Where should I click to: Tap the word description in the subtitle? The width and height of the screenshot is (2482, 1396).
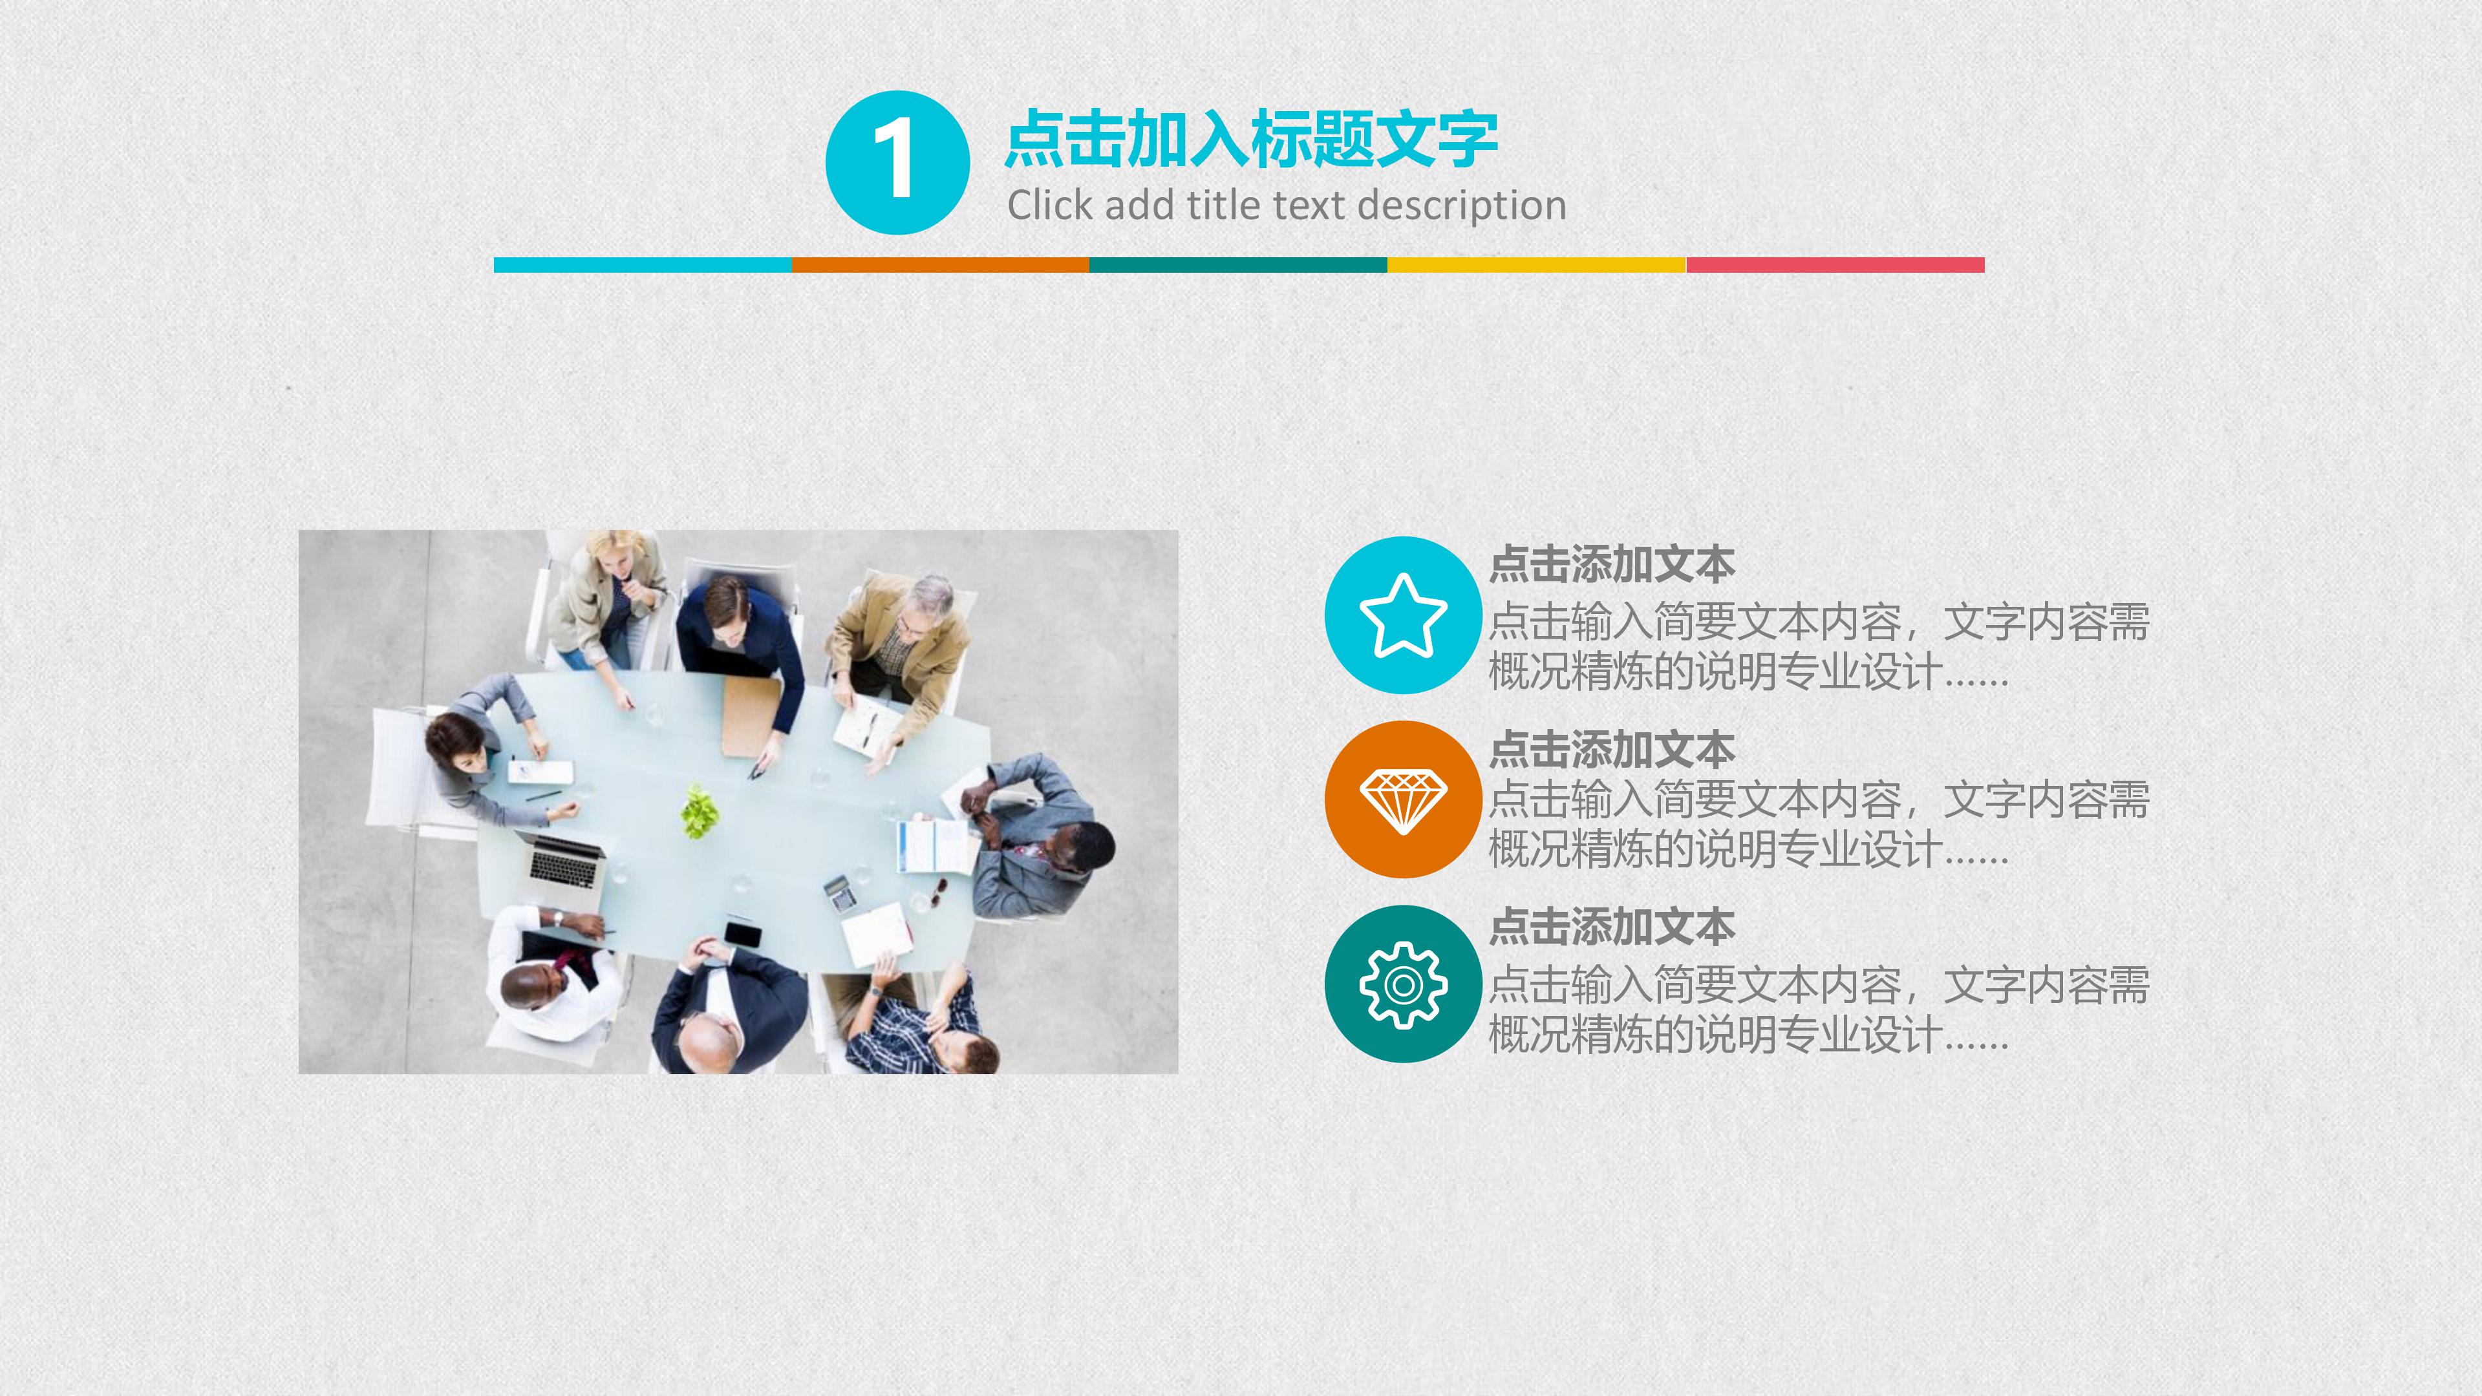pyautogui.click(x=1462, y=206)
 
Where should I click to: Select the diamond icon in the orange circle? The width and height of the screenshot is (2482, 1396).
pyautogui.click(x=1403, y=799)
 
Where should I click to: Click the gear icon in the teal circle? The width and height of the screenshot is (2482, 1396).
pyautogui.click(x=1403, y=984)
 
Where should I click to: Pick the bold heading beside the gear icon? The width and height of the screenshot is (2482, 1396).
pyautogui.click(x=1612, y=927)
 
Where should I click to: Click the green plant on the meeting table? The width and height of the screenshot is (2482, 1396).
pyautogui.click(x=700, y=810)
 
